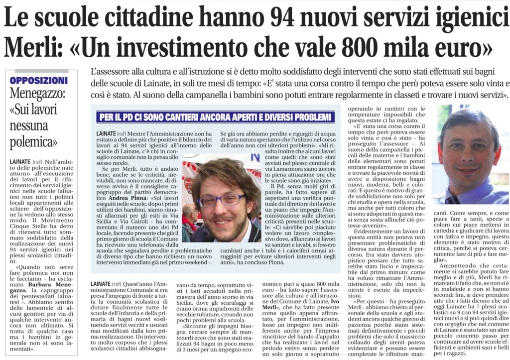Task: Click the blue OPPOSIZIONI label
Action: [38, 80]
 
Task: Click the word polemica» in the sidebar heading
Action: [34, 142]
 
